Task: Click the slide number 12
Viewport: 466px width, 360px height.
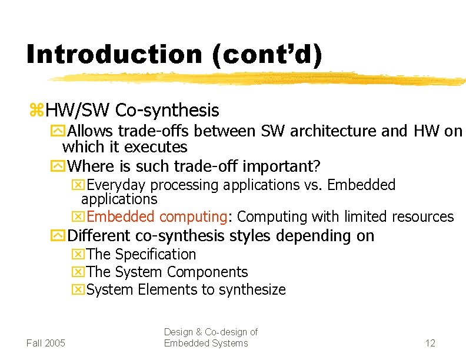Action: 430,343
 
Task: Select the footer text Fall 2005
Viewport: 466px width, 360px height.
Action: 46,343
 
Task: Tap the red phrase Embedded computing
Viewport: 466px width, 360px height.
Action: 157,217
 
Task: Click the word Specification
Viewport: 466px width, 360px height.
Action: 155,255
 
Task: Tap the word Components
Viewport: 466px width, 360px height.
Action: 208,272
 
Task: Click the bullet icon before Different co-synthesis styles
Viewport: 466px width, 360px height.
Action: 59,236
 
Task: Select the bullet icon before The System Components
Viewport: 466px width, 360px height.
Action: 78,272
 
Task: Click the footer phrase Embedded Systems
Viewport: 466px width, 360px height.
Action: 206,344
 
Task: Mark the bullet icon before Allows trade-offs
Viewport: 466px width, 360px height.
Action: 59,131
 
